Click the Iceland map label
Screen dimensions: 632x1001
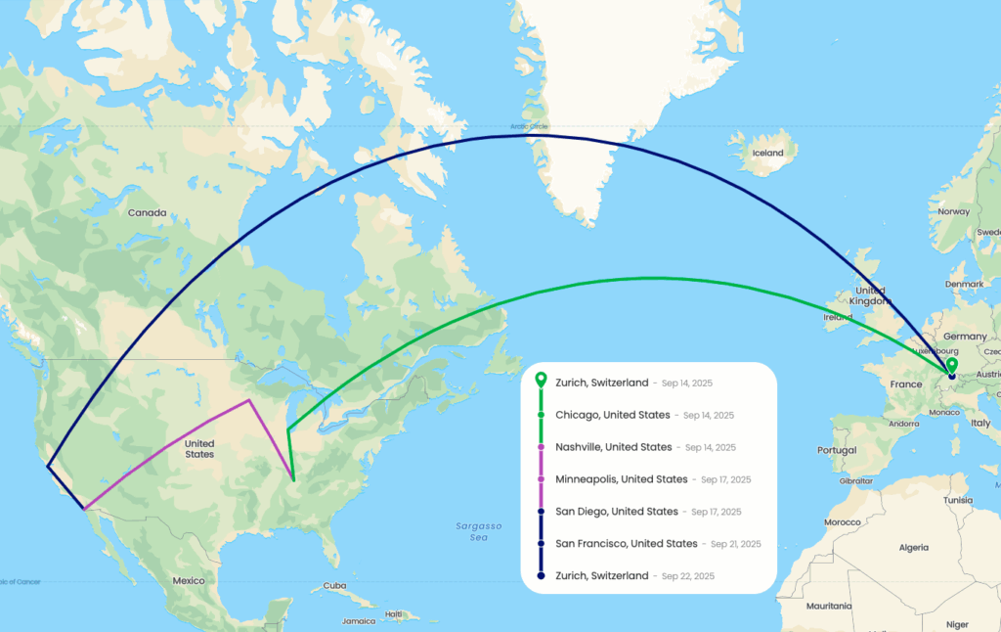click(x=767, y=153)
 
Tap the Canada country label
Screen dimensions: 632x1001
click(x=149, y=211)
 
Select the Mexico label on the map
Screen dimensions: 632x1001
click(x=189, y=580)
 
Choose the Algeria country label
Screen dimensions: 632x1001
click(x=913, y=547)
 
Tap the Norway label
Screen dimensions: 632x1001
click(x=953, y=211)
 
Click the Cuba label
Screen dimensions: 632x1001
click(x=336, y=586)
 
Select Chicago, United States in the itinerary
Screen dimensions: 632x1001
click(x=613, y=415)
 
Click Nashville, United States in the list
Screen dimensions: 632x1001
click(x=614, y=447)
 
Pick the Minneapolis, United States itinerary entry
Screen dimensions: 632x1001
click(x=622, y=479)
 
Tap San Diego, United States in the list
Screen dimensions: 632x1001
click(x=617, y=512)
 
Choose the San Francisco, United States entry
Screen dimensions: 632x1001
click(x=627, y=544)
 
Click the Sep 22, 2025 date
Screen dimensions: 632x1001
click(x=688, y=576)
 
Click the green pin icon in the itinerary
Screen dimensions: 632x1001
click(x=541, y=381)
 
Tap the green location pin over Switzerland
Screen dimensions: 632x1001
click(x=951, y=365)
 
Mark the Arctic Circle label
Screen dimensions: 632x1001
click(x=529, y=126)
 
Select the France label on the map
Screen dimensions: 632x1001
click(x=906, y=384)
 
